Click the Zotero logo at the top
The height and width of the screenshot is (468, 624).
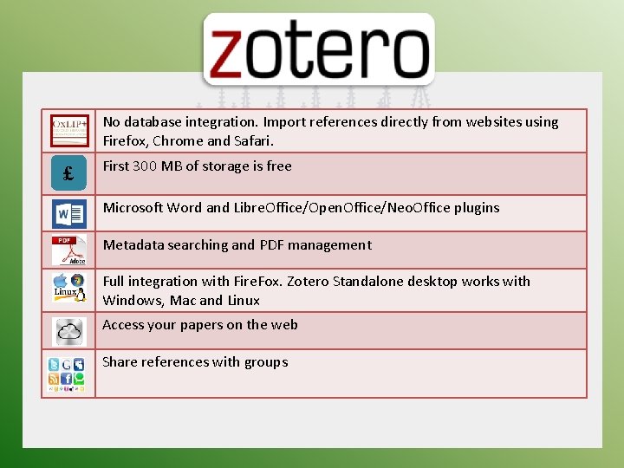pos(318,50)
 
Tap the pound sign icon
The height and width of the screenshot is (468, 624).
pos(68,174)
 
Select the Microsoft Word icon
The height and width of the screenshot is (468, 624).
pos(68,213)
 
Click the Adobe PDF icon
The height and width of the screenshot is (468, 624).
pos(68,250)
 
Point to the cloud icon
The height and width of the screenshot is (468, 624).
pos(68,330)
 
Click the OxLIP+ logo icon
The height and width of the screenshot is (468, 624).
pos(68,131)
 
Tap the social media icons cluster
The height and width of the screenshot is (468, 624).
pos(68,373)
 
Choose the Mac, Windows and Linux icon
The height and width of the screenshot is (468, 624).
pos(68,289)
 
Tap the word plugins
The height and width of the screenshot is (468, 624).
pos(472,207)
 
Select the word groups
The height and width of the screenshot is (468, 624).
pos(265,361)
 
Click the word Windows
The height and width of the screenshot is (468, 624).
pos(130,300)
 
